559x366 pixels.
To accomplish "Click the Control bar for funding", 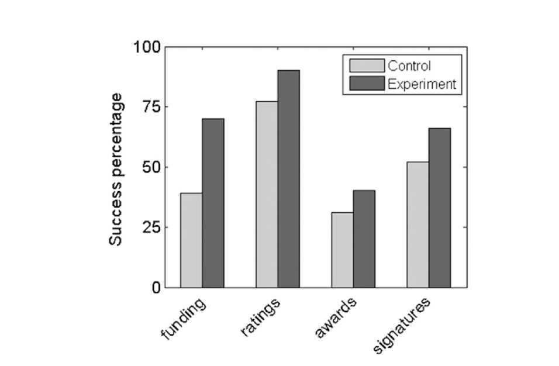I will click(x=191, y=240).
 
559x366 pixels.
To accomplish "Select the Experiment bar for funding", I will click(x=213, y=203).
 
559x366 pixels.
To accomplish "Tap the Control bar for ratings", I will click(x=267, y=194).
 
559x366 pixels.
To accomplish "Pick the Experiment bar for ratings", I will click(x=288, y=179).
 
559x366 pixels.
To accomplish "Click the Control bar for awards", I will click(x=342, y=250).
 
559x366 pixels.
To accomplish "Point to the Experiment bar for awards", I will click(x=364, y=239).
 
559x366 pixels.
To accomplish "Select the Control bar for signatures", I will click(x=417, y=225).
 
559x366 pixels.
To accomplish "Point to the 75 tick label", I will click(x=150, y=107).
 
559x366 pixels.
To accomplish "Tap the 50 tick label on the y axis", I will click(x=150, y=167).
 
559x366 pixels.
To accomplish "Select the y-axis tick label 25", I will click(x=150, y=227).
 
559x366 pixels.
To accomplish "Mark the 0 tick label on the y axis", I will click(x=154, y=288).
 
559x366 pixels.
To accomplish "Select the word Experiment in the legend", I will click(x=420, y=84).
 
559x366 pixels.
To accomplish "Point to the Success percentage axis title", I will click(x=116, y=168).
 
